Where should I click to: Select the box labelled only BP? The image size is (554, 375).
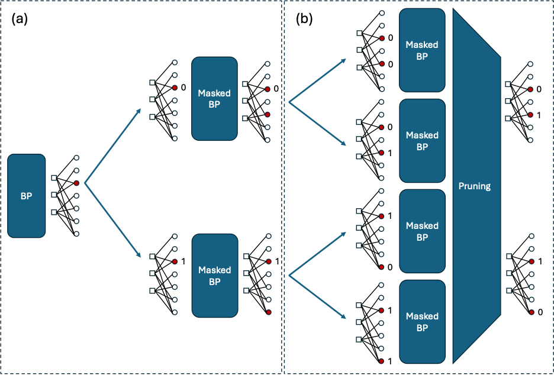point(26,195)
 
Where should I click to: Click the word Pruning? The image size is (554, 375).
point(475,186)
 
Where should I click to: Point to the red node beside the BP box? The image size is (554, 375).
point(76,183)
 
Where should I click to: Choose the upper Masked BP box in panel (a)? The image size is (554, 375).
point(214,98)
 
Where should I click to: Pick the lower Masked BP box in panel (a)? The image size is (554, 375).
point(214,275)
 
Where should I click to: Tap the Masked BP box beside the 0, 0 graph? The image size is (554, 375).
point(422,50)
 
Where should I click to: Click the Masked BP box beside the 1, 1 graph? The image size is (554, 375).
point(422,321)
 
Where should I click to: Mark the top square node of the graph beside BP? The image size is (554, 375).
point(54,177)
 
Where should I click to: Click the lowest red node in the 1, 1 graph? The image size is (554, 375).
point(380,361)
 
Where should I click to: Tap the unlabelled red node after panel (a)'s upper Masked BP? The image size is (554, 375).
point(268,114)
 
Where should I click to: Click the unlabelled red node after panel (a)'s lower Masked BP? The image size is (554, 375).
point(268,312)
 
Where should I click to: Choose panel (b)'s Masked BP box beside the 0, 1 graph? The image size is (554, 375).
point(422,140)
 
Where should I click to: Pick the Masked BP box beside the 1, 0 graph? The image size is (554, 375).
point(422,231)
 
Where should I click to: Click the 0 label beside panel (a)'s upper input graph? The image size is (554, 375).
point(183,88)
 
